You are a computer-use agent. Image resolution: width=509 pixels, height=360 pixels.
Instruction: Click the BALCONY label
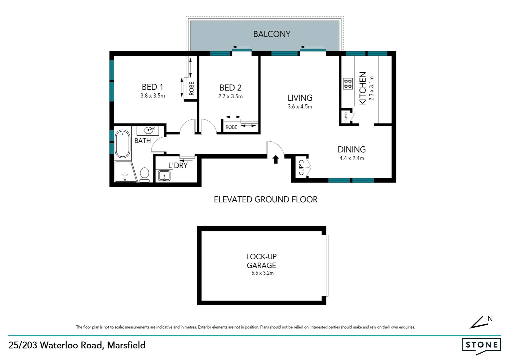(x=271, y=34)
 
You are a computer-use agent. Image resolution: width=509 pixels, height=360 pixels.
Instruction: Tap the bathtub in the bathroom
(x=122, y=144)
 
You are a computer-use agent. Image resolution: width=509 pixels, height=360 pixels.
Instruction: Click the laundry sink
(x=164, y=175)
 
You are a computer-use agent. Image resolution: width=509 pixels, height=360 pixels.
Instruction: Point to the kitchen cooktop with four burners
(x=348, y=84)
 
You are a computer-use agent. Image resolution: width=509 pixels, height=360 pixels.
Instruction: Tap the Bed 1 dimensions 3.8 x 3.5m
(x=153, y=96)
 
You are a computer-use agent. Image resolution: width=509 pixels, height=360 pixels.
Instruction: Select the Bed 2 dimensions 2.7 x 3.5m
(x=230, y=96)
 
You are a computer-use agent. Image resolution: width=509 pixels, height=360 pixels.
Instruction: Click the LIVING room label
(x=300, y=98)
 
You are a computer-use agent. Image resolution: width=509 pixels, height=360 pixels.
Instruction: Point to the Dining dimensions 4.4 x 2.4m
(x=351, y=158)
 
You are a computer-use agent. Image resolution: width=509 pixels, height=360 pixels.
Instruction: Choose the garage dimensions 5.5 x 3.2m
(x=262, y=273)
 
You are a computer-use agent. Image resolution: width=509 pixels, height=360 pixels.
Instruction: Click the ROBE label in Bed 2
(x=231, y=127)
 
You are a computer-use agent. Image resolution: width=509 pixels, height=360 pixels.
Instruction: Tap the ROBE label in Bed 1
(x=192, y=89)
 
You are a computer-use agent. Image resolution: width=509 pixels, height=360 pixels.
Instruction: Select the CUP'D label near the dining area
(x=301, y=167)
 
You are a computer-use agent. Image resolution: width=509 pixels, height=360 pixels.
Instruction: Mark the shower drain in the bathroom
(x=125, y=179)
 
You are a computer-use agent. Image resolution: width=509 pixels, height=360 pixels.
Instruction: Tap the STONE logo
(x=481, y=345)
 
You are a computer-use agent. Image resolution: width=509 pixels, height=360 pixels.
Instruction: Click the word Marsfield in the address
(x=126, y=345)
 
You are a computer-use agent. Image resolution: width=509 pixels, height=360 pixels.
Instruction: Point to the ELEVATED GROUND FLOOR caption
(x=265, y=199)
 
